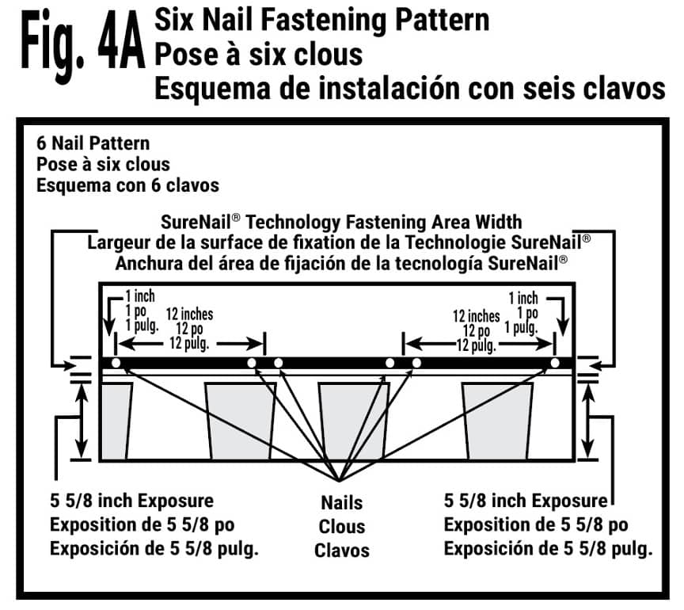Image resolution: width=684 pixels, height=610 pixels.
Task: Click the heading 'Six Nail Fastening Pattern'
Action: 321,19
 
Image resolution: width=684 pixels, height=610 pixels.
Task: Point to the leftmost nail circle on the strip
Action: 116,363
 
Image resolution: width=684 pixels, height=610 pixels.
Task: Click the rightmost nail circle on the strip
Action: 555,363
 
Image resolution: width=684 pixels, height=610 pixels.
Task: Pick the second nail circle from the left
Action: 252,363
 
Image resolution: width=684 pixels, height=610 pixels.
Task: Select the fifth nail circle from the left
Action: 416,363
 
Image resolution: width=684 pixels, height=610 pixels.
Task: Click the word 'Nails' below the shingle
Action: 342,502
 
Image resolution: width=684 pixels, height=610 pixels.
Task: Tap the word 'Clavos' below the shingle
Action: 342,549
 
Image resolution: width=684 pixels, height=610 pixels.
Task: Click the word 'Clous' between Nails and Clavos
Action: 342,526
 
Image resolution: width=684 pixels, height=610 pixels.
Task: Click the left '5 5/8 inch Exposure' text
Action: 131,501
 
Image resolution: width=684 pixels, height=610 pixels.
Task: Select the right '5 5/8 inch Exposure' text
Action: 525,501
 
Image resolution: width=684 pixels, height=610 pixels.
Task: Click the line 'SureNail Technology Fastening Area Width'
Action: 341,223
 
